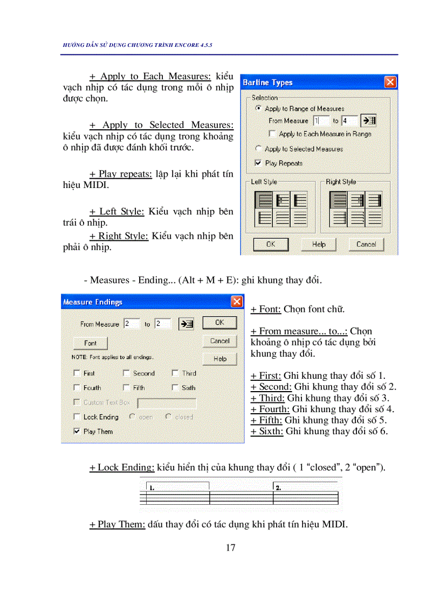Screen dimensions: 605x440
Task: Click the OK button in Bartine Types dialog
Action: click(271, 244)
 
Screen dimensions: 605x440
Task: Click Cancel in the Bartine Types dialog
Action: click(366, 244)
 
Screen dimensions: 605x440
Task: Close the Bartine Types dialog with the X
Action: click(390, 82)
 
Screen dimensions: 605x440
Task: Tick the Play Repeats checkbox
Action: click(258, 163)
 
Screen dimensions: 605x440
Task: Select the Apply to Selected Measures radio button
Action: click(258, 149)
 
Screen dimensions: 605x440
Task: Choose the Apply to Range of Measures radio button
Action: click(258, 108)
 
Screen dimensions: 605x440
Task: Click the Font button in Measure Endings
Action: click(90, 343)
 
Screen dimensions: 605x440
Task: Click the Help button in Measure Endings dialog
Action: click(219, 359)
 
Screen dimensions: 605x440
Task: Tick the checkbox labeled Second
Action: click(126, 373)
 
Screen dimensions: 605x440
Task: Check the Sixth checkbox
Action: click(175, 387)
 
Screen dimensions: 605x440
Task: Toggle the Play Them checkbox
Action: click(77, 431)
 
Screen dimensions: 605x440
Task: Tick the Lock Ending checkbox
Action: click(77, 417)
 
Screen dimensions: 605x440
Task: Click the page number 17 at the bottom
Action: click(230, 548)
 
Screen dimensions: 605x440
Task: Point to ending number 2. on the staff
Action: click(278, 488)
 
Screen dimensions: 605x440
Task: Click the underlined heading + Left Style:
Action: click(117, 212)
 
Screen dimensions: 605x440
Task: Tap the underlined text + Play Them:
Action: click(117, 524)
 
